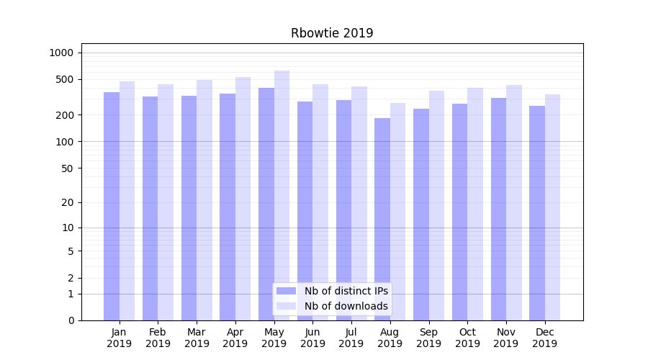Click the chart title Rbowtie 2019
[x=332, y=33]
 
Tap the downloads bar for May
[x=282, y=195]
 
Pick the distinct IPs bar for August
[x=382, y=219]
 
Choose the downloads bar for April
[x=243, y=199]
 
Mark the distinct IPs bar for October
[x=459, y=212]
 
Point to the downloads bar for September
[x=436, y=205]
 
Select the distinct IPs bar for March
[x=189, y=208]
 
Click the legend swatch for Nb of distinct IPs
[x=286, y=291]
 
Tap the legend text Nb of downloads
[x=346, y=306]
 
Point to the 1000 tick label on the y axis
[x=61, y=53]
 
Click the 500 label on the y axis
[x=65, y=79]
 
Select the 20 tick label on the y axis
[x=68, y=202]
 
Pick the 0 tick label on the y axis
[x=71, y=320]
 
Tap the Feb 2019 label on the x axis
[x=158, y=338]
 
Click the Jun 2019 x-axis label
[x=312, y=338]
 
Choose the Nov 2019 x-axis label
[x=505, y=338]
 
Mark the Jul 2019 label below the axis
[x=351, y=338]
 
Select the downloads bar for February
[x=166, y=202]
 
